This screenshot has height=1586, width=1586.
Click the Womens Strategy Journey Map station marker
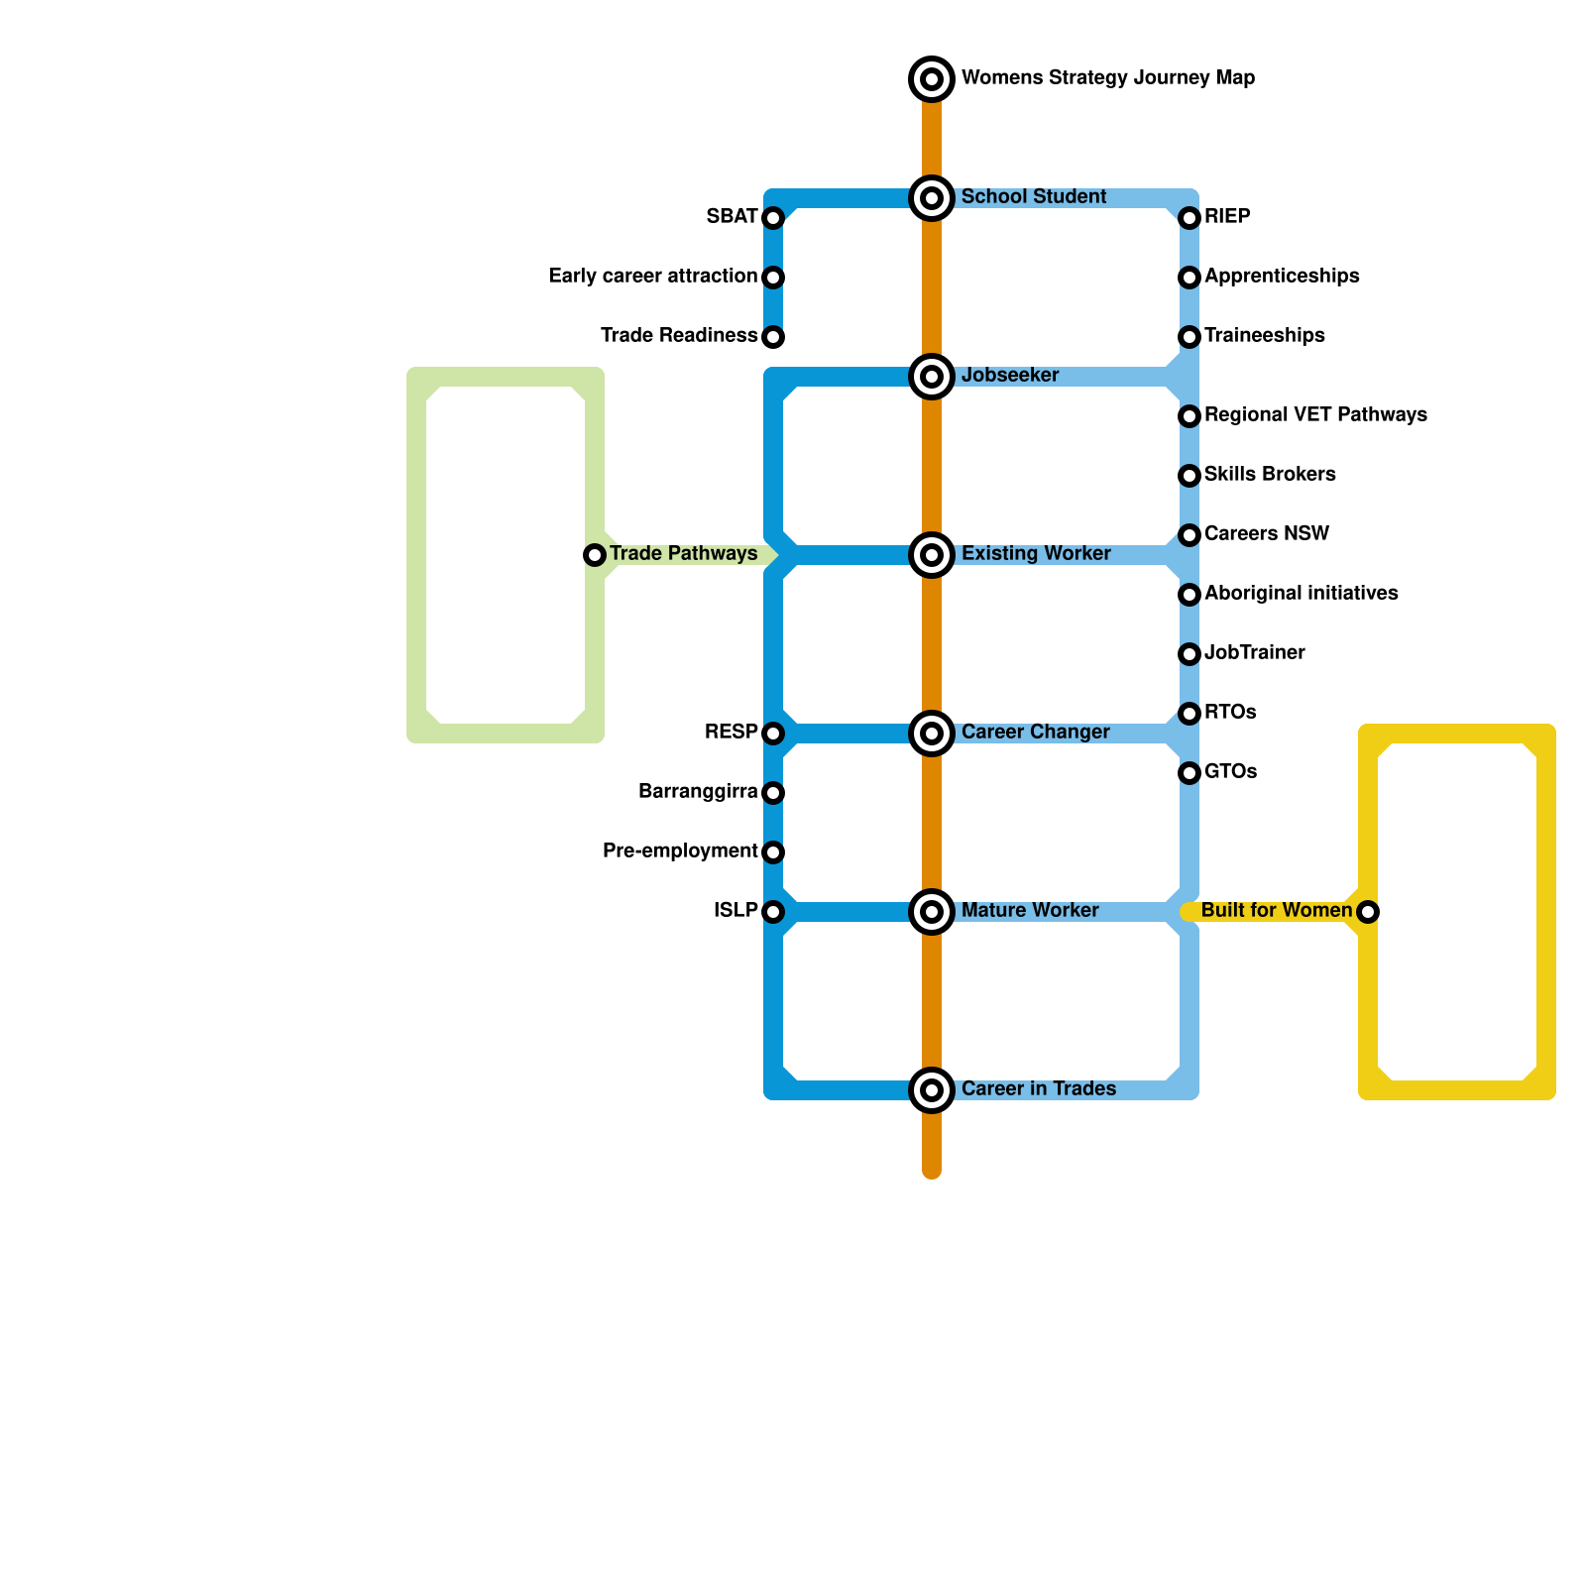pos(932,79)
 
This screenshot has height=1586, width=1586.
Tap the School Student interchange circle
pos(932,198)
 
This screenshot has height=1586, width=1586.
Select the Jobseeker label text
pos(1010,376)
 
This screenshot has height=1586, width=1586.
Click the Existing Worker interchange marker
pos(932,555)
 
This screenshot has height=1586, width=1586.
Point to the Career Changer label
pos(1035,733)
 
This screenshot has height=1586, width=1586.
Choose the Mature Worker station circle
pos(932,912)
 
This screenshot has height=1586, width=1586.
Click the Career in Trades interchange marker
pos(932,1090)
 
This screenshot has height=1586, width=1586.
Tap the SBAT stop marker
pos(773,218)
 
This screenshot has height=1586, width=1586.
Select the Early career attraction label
pos(653,277)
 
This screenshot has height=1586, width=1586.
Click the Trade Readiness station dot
pos(773,337)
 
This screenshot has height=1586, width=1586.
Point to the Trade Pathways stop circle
pos(595,555)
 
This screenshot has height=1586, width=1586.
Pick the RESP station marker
pos(773,734)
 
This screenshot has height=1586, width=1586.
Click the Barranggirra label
pos(698,792)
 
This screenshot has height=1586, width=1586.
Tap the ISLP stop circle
pos(773,912)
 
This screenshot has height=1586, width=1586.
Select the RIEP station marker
pos(1189,218)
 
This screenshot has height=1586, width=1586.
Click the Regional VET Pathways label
pos(1315,415)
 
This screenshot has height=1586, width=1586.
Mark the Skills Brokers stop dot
pos(1189,476)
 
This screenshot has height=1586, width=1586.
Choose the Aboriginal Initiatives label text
pos(1301,594)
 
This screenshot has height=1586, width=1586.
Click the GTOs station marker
pos(1189,773)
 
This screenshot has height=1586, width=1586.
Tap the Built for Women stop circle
pos(1368,912)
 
